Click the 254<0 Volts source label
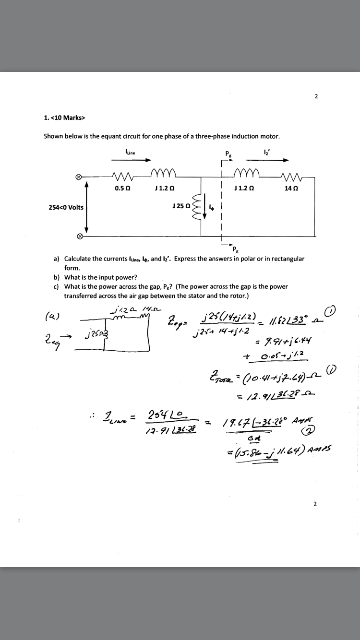[x=66, y=207]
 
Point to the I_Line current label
[x=130, y=152]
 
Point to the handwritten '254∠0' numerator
[x=158, y=414]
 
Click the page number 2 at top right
[x=316, y=96]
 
